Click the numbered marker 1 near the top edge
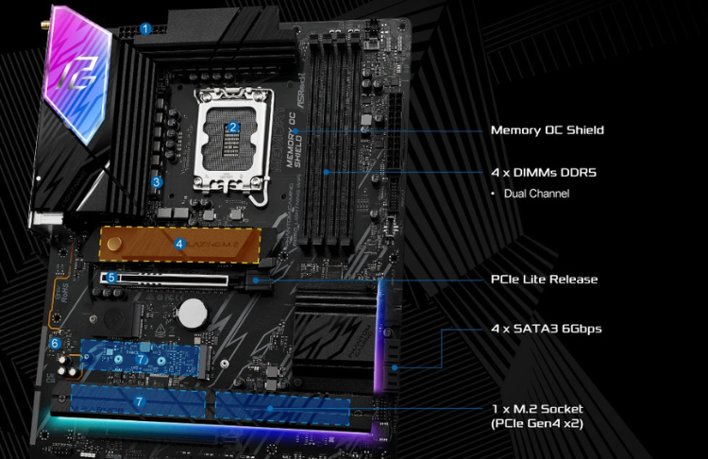click(x=145, y=28)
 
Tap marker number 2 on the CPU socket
click(x=233, y=127)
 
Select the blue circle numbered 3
click(x=158, y=182)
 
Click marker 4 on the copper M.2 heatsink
click(x=179, y=243)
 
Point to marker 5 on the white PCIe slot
click(x=111, y=278)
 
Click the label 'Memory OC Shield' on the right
click(x=547, y=129)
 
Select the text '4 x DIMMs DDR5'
click(x=543, y=173)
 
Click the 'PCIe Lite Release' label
click(x=544, y=280)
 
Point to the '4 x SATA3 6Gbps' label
click(x=546, y=329)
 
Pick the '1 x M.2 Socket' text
click(x=537, y=409)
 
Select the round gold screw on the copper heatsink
click(x=114, y=243)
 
